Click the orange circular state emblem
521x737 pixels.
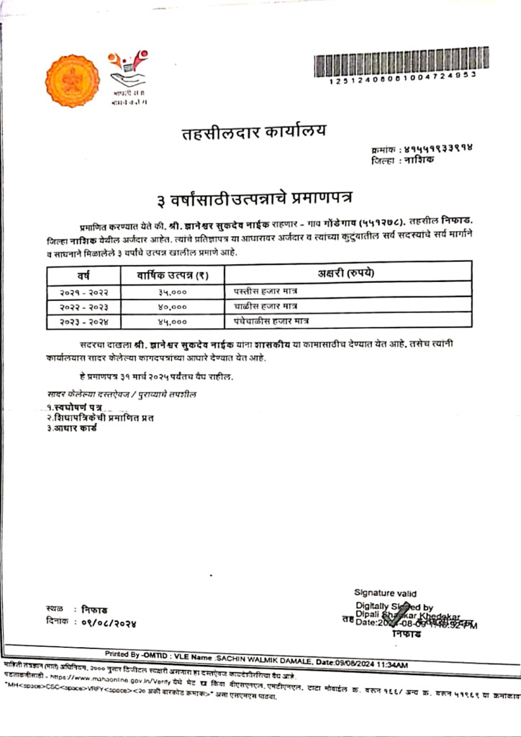72,81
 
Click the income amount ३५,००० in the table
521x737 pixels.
172,292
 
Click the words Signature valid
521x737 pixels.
385,593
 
